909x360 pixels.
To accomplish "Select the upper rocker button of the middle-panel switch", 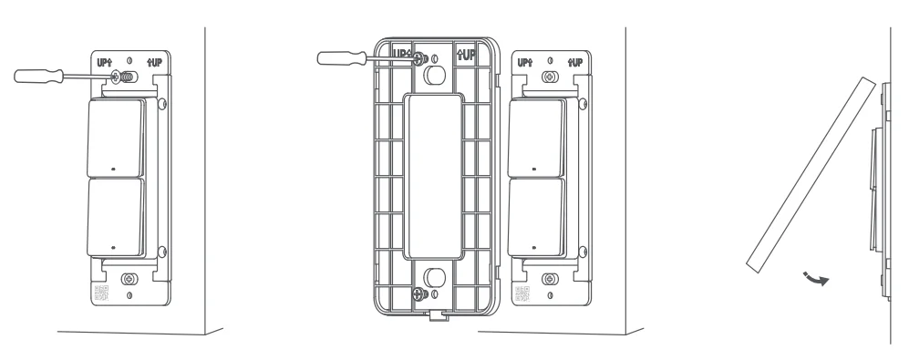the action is [x=536, y=138].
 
